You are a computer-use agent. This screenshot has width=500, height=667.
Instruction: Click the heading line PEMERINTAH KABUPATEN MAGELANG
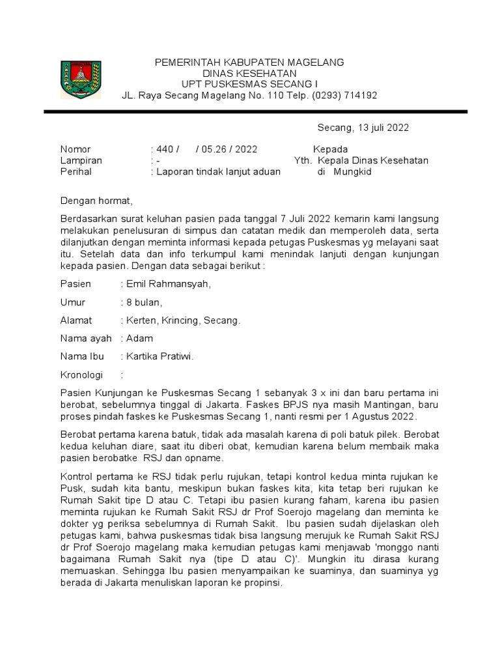click(249, 62)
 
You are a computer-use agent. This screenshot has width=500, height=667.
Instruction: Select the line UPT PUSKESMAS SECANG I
click(249, 84)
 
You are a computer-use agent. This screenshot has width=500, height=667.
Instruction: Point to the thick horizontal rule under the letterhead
click(255, 112)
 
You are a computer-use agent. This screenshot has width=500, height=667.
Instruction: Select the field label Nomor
click(76, 149)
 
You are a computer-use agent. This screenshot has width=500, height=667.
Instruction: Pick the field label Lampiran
click(81, 160)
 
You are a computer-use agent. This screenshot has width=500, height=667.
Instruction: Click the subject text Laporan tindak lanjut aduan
click(217, 172)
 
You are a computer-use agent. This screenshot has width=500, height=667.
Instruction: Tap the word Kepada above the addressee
click(330, 149)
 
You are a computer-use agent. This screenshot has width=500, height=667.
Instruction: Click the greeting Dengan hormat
click(96, 201)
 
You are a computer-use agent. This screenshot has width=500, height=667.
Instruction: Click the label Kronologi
click(83, 375)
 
